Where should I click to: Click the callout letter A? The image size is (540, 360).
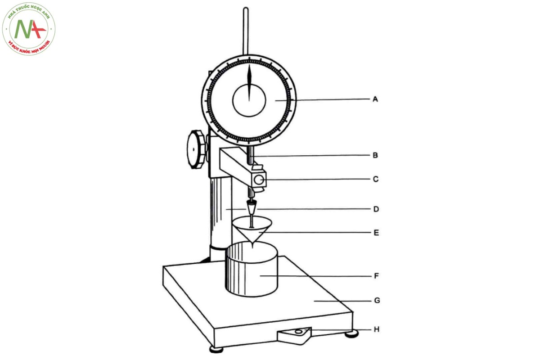pyautogui.click(x=375, y=99)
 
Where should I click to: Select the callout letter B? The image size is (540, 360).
pyautogui.click(x=375, y=155)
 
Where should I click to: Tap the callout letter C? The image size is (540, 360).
pyautogui.click(x=376, y=179)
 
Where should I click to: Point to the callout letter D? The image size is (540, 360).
pyautogui.click(x=376, y=209)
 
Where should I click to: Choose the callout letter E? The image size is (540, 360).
pyautogui.click(x=376, y=233)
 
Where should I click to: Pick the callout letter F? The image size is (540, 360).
pyautogui.click(x=376, y=275)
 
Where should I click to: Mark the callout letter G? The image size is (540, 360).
pyautogui.click(x=377, y=301)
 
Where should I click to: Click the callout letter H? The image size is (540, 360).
pyautogui.click(x=377, y=329)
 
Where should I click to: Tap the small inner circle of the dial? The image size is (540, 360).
pyautogui.click(x=249, y=100)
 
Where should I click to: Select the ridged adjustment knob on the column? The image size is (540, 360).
pyautogui.click(x=197, y=149)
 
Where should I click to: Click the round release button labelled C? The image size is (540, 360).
pyautogui.click(x=258, y=180)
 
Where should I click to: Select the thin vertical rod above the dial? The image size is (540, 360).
pyautogui.click(x=246, y=31)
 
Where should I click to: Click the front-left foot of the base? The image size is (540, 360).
pyautogui.click(x=216, y=349)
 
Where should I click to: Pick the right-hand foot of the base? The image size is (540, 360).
pyautogui.click(x=351, y=334)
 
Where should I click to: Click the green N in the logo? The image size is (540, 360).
pyautogui.click(x=23, y=29)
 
